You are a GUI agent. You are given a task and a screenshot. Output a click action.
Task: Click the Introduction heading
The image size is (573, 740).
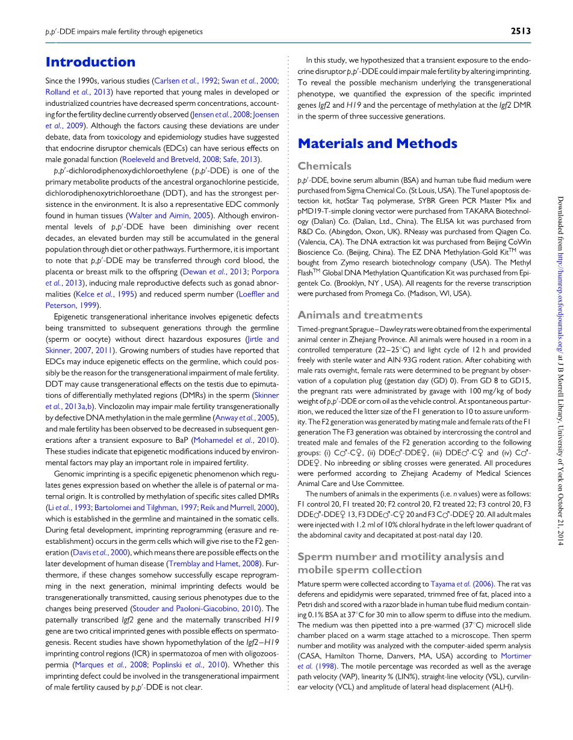90,62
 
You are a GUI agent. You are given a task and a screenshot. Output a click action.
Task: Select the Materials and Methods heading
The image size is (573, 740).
377,143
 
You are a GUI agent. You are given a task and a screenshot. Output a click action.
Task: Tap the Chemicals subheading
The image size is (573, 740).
324,166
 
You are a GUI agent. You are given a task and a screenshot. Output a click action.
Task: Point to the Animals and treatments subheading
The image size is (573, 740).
360,315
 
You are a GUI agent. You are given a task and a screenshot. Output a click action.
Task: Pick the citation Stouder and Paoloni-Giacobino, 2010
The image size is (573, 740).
198,609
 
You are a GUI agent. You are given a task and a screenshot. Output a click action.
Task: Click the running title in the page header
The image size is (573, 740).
124,32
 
